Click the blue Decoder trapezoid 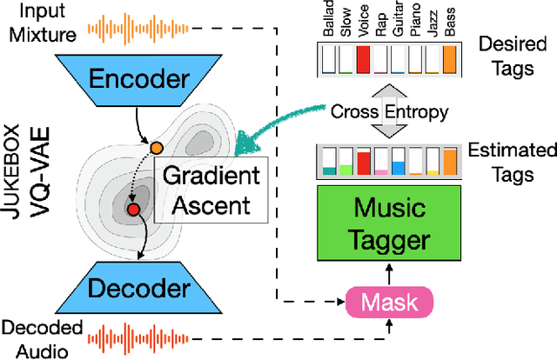142,288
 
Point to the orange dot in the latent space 157,148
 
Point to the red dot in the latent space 133,210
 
